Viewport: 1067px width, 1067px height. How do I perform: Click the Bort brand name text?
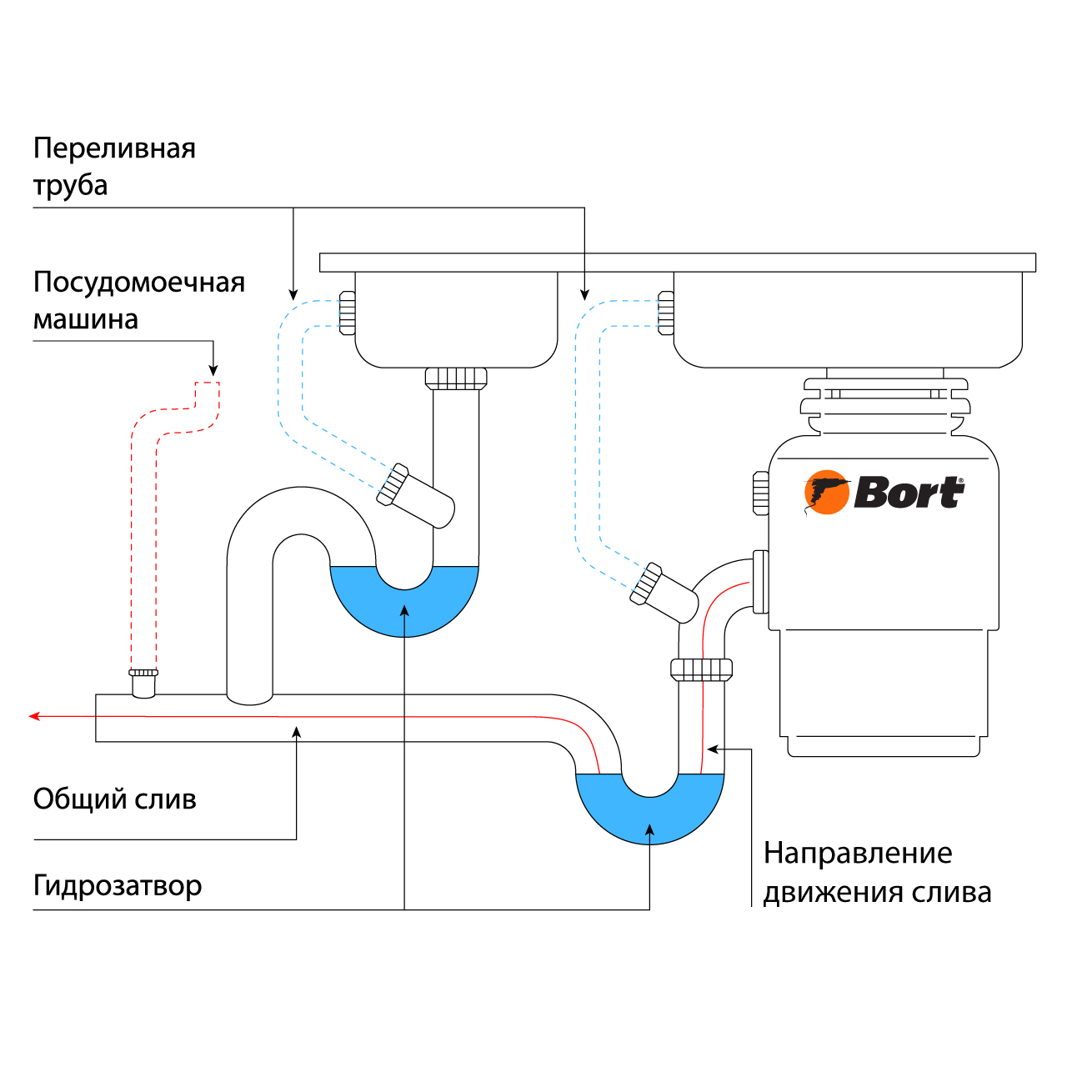(x=909, y=493)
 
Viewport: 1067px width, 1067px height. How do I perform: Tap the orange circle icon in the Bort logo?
(x=826, y=493)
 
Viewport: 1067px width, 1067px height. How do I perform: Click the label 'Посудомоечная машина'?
(x=138, y=300)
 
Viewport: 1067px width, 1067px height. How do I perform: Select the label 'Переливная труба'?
(x=114, y=166)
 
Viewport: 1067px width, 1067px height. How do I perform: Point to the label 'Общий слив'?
(x=114, y=799)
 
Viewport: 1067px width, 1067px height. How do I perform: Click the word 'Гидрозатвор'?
(x=117, y=884)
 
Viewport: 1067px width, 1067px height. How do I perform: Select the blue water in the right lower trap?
(x=650, y=817)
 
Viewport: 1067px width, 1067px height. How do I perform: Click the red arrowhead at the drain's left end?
(x=34, y=715)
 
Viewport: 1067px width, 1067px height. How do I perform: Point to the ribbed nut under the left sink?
(x=456, y=378)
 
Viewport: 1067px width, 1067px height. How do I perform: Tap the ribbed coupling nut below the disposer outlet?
(x=701, y=669)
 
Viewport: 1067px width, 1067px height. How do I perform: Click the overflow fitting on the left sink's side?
(x=348, y=313)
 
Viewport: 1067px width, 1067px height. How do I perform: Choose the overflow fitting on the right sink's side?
(x=665, y=313)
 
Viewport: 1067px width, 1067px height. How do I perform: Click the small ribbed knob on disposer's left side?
(x=760, y=493)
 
